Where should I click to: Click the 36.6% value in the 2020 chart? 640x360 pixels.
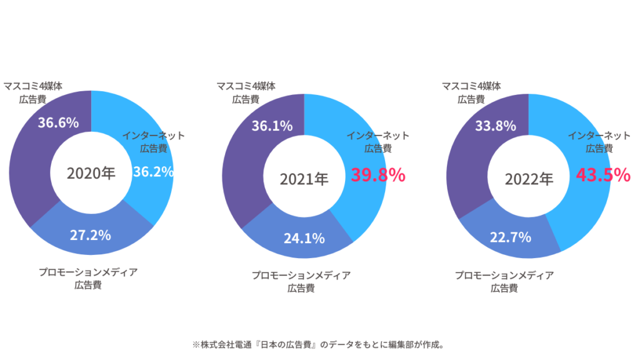coord(58,122)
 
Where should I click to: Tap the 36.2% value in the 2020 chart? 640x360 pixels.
coord(153,172)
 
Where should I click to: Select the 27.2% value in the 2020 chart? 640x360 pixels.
coord(91,235)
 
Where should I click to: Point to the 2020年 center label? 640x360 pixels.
coord(91,173)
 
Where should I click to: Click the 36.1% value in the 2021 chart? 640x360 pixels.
coord(272,126)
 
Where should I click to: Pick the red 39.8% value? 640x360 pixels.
coord(377,175)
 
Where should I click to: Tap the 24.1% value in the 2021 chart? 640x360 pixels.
coord(304,238)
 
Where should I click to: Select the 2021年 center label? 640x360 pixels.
coord(304,179)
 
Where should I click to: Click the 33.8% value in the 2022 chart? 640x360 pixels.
coord(495,126)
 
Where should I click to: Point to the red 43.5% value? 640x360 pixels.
coord(602,175)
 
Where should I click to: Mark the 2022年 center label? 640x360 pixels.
coord(529,179)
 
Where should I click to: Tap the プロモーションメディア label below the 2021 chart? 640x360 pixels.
coord(301,275)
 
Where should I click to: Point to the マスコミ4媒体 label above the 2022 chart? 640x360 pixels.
coord(471,86)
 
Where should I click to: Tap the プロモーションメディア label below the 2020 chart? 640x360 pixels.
coord(87,272)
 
